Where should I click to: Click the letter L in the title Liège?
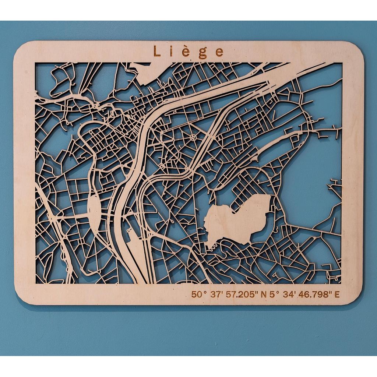coord(156,51)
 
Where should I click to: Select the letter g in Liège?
coord(203,53)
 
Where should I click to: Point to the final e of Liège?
coord(219,52)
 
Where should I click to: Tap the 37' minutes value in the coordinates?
coord(215,294)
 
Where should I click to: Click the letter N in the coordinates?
coord(263,294)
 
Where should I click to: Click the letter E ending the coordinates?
coord(337,294)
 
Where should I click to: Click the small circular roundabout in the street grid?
coord(194,138)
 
